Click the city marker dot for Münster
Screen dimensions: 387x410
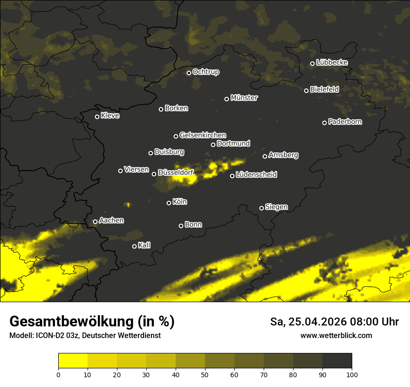tap(227, 99)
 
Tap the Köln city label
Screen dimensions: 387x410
tap(180, 202)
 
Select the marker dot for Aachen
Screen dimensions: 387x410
tap(96, 221)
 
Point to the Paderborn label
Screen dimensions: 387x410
tap(345, 122)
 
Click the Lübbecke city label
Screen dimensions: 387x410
tap(332, 62)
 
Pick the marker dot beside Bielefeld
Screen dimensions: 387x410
tap(307, 90)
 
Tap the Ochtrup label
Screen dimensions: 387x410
tap(206, 72)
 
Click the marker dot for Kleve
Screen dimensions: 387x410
tap(97, 117)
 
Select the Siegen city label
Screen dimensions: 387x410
tap(276, 207)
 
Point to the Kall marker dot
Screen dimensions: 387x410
tap(135, 246)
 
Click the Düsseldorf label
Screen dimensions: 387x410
tap(175, 173)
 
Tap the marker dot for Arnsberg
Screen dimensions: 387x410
tap(265, 156)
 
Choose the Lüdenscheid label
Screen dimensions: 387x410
tap(256, 175)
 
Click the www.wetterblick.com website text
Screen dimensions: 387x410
tap(336, 335)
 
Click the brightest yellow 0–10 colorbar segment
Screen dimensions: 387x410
tap(73, 361)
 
